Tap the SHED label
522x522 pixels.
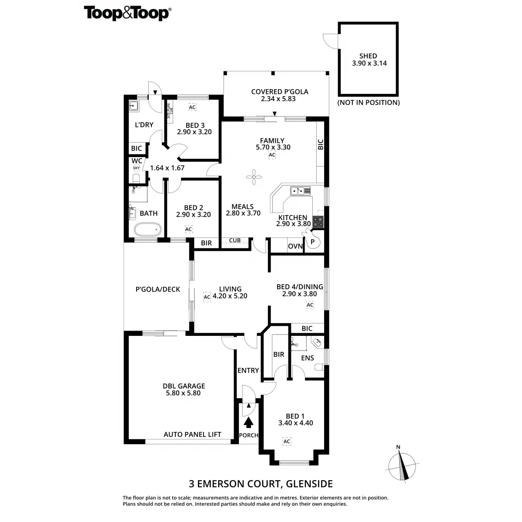(368, 56)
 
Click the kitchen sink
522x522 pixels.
(300, 190)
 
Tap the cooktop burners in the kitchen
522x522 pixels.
(318, 222)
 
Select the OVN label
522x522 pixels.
(295, 246)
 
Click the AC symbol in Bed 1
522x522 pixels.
(287, 442)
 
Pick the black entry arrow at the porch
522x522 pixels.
(249, 422)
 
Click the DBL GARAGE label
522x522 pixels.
(184, 386)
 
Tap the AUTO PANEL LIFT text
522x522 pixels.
(192, 434)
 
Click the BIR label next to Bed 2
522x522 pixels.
(207, 243)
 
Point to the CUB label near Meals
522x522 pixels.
(235, 241)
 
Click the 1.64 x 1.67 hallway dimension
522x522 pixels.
(167, 168)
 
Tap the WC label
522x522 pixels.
(137, 161)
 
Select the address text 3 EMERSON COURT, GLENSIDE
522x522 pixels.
(261, 483)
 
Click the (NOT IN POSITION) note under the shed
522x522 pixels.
(368, 103)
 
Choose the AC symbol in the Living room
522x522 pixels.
(207, 297)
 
